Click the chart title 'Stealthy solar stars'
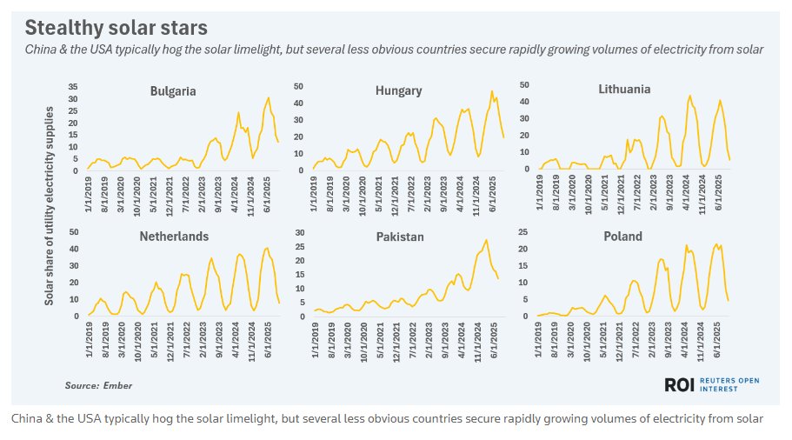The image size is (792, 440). (116, 29)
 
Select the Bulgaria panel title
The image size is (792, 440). (172, 90)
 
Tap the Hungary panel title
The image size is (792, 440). (399, 90)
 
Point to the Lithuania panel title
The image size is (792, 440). (624, 89)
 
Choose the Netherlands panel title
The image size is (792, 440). (174, 236)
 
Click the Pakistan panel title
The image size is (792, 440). (400, 237)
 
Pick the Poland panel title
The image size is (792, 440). (622, 236)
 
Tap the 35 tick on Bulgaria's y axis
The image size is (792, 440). (73, 87)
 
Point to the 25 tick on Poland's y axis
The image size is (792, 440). (525, 232)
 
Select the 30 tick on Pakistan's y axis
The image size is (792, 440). (299, 232)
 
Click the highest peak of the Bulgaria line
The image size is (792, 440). (269, 97)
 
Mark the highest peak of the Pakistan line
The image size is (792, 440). (487, 240)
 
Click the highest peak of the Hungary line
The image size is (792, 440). (492, 91)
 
